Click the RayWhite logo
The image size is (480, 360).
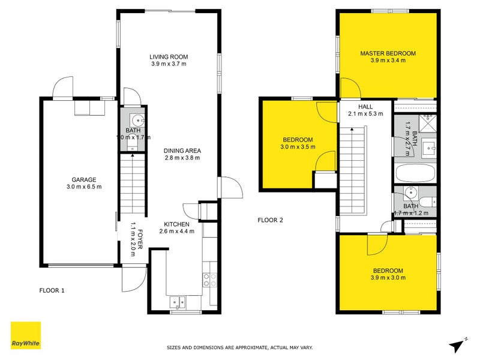[x=26, y=335]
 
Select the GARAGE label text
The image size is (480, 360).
[x=84, y=179]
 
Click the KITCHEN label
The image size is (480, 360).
[x=175, y=224]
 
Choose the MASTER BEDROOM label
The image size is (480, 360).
[x=388, y=53]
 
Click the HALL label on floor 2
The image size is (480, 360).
[x=357, y=107]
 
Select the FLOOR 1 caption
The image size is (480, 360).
[x=52, y=290]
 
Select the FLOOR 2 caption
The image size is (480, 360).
[x=270, y=220]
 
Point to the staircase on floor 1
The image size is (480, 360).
[x=133, y=183]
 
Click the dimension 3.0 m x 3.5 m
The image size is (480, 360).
[x=298, y=147]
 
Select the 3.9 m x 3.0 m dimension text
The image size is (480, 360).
[x=388, y=278]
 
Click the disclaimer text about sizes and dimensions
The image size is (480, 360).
[x=239, y=347]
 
